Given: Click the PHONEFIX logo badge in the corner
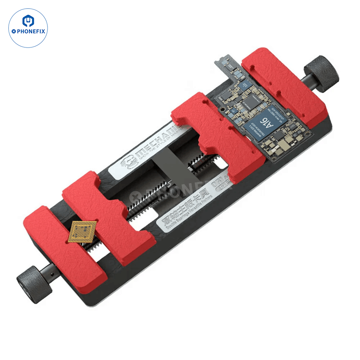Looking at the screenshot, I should [28, 28].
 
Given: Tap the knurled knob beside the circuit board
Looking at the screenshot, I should [321, 71].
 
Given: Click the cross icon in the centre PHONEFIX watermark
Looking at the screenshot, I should [136, 197].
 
